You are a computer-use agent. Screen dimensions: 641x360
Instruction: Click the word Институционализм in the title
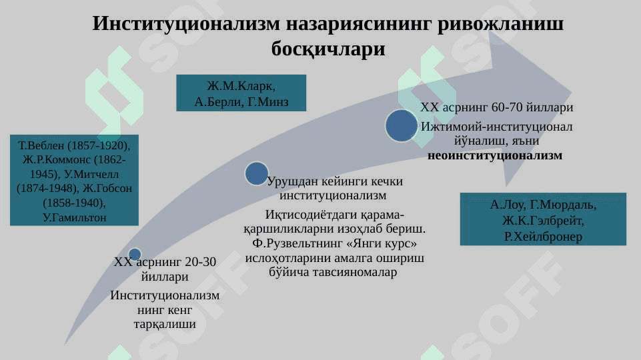point(186,23)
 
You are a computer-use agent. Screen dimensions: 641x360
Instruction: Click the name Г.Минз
point(268,101)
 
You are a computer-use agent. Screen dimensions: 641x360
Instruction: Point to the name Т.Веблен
point(41,145)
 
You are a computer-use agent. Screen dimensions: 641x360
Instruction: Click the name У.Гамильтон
point(75,217)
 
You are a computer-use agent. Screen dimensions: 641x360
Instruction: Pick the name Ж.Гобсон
point(107,189)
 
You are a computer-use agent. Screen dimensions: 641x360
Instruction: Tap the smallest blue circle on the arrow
point(135,254)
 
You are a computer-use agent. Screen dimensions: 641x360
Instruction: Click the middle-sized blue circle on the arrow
point(257,173)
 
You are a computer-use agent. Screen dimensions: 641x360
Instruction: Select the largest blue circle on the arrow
point(402,125)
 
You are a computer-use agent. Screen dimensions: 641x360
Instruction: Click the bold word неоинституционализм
point(495,156)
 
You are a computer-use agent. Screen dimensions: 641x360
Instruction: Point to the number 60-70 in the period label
point(507,107)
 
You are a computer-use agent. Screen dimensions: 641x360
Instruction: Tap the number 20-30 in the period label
point(200,261)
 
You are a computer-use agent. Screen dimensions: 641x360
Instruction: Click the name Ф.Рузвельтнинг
point(297,243)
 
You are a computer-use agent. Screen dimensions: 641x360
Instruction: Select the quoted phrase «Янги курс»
point(382,243)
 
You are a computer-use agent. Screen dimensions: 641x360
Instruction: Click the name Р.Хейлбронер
point(543,237)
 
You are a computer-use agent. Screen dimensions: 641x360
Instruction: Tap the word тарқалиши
point(165,325)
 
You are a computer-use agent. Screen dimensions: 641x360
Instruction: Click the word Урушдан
point(292,181)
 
